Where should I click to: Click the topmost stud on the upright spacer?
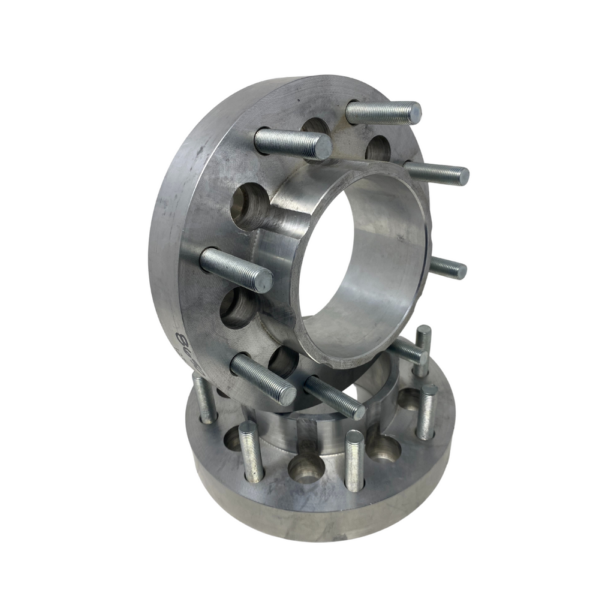384,112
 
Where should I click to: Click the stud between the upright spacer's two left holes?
236,270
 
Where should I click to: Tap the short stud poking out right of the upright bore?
448,269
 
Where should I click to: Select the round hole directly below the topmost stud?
378,148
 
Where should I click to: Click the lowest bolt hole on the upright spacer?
282,362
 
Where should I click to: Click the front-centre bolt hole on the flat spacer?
306,467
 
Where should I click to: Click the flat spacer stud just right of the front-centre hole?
354,460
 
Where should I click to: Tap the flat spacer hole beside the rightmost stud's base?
410,399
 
